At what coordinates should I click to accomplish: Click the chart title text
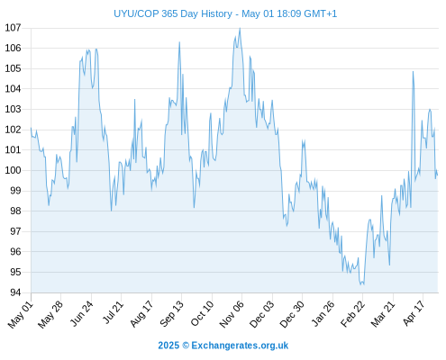pos(225,13)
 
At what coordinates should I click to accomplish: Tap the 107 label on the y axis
pos(14,28)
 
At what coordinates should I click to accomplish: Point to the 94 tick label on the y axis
pos(15,292)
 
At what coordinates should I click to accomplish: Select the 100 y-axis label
pos(14,170)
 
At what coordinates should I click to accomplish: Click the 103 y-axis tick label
pos(14,109)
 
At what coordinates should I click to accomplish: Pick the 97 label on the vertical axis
pos(15,231)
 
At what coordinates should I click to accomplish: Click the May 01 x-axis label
pos(21,314)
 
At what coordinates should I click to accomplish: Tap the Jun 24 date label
pos(81,313)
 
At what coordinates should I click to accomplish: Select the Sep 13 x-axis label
pos(171,313)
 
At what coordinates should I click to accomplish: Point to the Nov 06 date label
pos(232,314)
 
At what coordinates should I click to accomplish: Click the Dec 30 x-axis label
pos(292,314)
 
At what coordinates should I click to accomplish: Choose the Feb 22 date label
pos(352,313)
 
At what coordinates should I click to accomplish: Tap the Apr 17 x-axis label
pos(414,313)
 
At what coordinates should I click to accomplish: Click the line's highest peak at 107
pos(240,28)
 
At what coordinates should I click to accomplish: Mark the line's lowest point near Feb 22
pos(360,284)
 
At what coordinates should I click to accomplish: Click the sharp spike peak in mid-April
pos(413,72)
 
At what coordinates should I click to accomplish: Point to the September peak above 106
pos(179,42)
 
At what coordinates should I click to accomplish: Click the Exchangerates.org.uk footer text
pos(240,346)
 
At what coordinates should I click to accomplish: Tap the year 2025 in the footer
pos(168,346)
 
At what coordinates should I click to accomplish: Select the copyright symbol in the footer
pos(186,346)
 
